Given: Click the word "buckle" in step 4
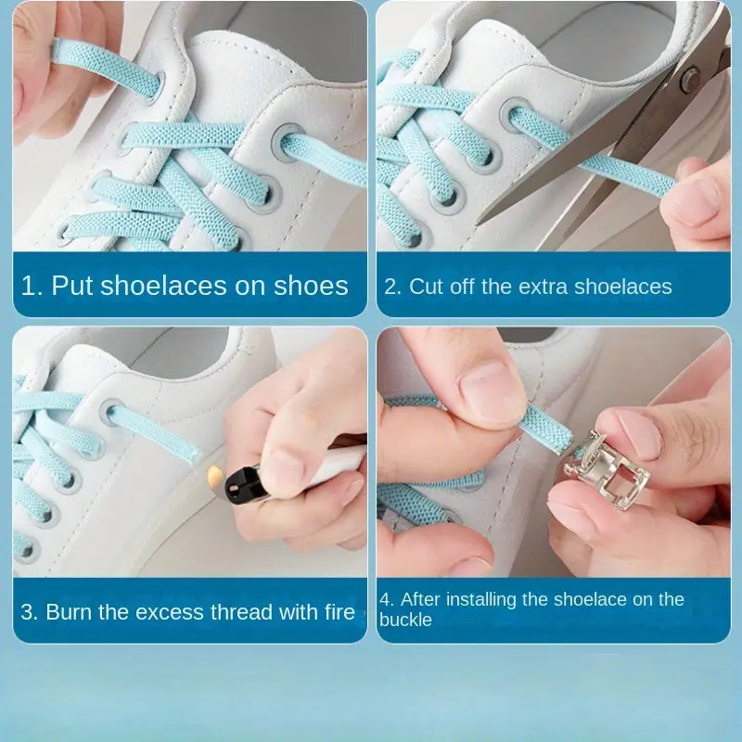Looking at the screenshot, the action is [405, 620].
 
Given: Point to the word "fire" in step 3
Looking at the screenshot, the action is [339, 612].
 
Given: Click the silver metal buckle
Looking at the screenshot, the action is [606, 470].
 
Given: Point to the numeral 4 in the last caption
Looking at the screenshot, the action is [385, 599].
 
